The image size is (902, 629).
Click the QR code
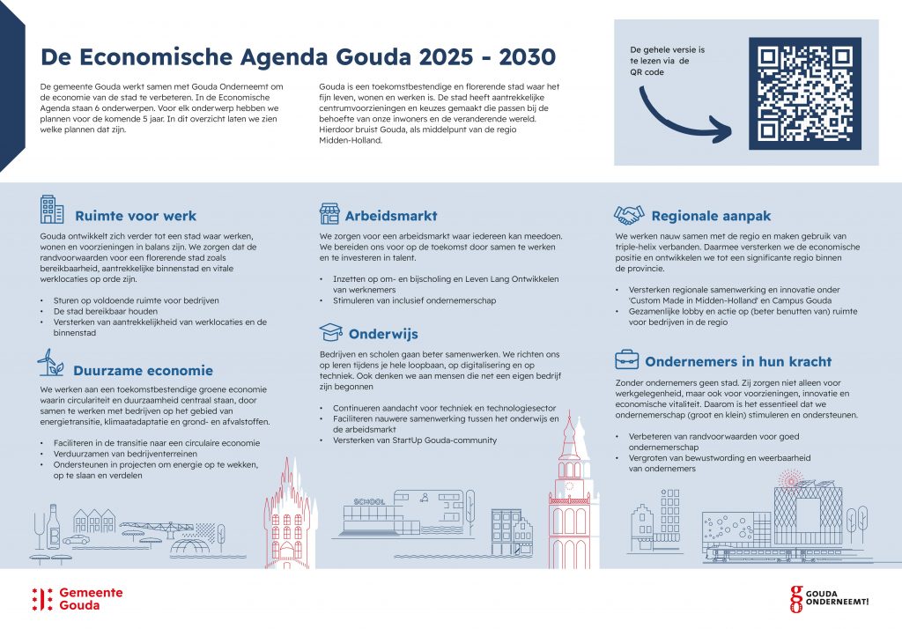pos(804,92)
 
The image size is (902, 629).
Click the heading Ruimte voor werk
pos(136,216)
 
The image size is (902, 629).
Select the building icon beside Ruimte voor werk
pos(52,210)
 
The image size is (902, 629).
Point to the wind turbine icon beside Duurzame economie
pos(50,362)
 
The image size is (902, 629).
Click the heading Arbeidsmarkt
pos(390,216)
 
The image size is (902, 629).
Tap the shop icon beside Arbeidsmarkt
pos(329,213)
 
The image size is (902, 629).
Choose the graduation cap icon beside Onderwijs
pos(330,332)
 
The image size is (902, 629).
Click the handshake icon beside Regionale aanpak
pos(628,214)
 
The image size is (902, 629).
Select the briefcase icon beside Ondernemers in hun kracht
pos(627,359)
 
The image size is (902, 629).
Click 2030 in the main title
pos(527,57)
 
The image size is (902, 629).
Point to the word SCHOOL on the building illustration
pos(369,501)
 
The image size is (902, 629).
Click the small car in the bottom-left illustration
pos(76,538)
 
